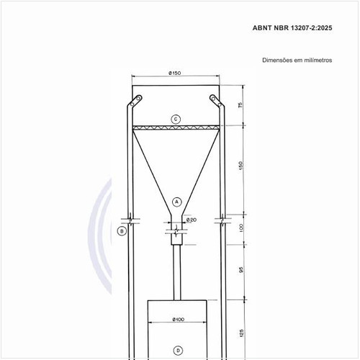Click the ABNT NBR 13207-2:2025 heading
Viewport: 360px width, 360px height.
point(292,28)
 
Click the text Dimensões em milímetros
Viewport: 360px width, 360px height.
point(297,60)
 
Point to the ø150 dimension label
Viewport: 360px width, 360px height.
point(175,73)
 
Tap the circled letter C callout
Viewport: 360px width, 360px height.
point(176,120)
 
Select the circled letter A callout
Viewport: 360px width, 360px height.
point(177,202)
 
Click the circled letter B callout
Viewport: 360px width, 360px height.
point(122,231)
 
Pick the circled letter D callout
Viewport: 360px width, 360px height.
point(178,351)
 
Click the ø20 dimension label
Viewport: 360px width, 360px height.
point(192,220)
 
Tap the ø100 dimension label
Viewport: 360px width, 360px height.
point(179,319)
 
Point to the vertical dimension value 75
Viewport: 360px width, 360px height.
point(240,105)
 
